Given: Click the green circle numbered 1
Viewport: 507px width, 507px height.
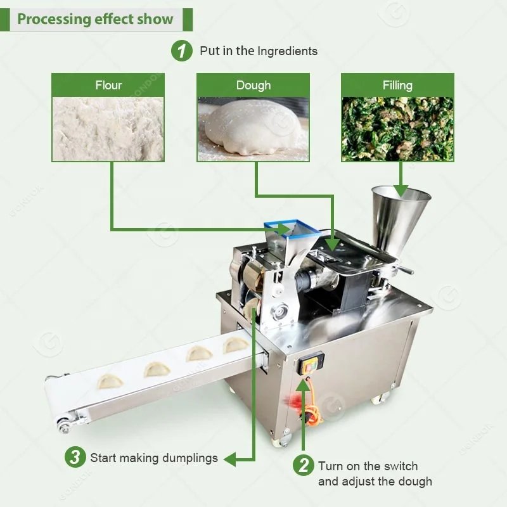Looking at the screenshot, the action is [182, 51].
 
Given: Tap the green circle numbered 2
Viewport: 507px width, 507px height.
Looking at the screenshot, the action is [304, 465].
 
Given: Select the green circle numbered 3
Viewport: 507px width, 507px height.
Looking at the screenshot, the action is [75, 457].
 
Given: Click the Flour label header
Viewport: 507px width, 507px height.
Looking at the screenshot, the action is [108, 85].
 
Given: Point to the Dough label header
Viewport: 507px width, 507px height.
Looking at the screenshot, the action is [253, 85].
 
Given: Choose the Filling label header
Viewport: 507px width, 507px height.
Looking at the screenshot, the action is [398, 85].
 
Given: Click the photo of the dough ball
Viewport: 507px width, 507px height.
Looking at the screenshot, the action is [253, 129].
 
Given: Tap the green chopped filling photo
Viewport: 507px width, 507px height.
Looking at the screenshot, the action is [398, 129].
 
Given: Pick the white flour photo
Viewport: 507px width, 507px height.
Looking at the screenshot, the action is [108, 129].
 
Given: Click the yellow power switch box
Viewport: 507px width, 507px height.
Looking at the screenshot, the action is [311, 363].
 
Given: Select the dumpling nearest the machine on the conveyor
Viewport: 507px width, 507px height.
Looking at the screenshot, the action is [236, 345].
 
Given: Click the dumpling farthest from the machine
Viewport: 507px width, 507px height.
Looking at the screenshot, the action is [110, 382].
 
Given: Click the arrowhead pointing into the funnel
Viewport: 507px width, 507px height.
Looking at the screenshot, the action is [401, 191].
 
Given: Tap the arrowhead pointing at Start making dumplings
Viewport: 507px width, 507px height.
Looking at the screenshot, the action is [229, 459].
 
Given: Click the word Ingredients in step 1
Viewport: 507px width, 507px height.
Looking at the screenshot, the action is [288, 51].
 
